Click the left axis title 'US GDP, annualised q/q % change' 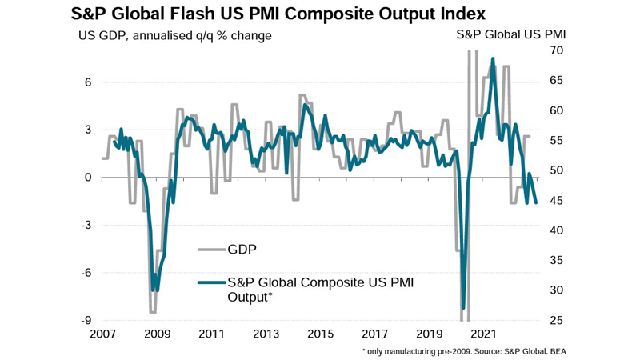click(x=174, y=35)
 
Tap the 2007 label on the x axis click(x=102, y=332)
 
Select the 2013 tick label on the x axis click(x=266, y=332)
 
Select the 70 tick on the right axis click(x=554, y=51)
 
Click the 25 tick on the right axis click(x=554, y=321)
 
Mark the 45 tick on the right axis click(x=554, y=201)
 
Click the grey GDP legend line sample click(x=210, y=249)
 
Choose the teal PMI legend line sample click(x=210, y=282)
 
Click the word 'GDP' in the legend click(x=244, y=249)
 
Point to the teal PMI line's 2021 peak click(x=493, y=58)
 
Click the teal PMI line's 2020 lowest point click(x=463, y=308)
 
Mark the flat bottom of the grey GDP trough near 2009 click(x=152, y=312)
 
